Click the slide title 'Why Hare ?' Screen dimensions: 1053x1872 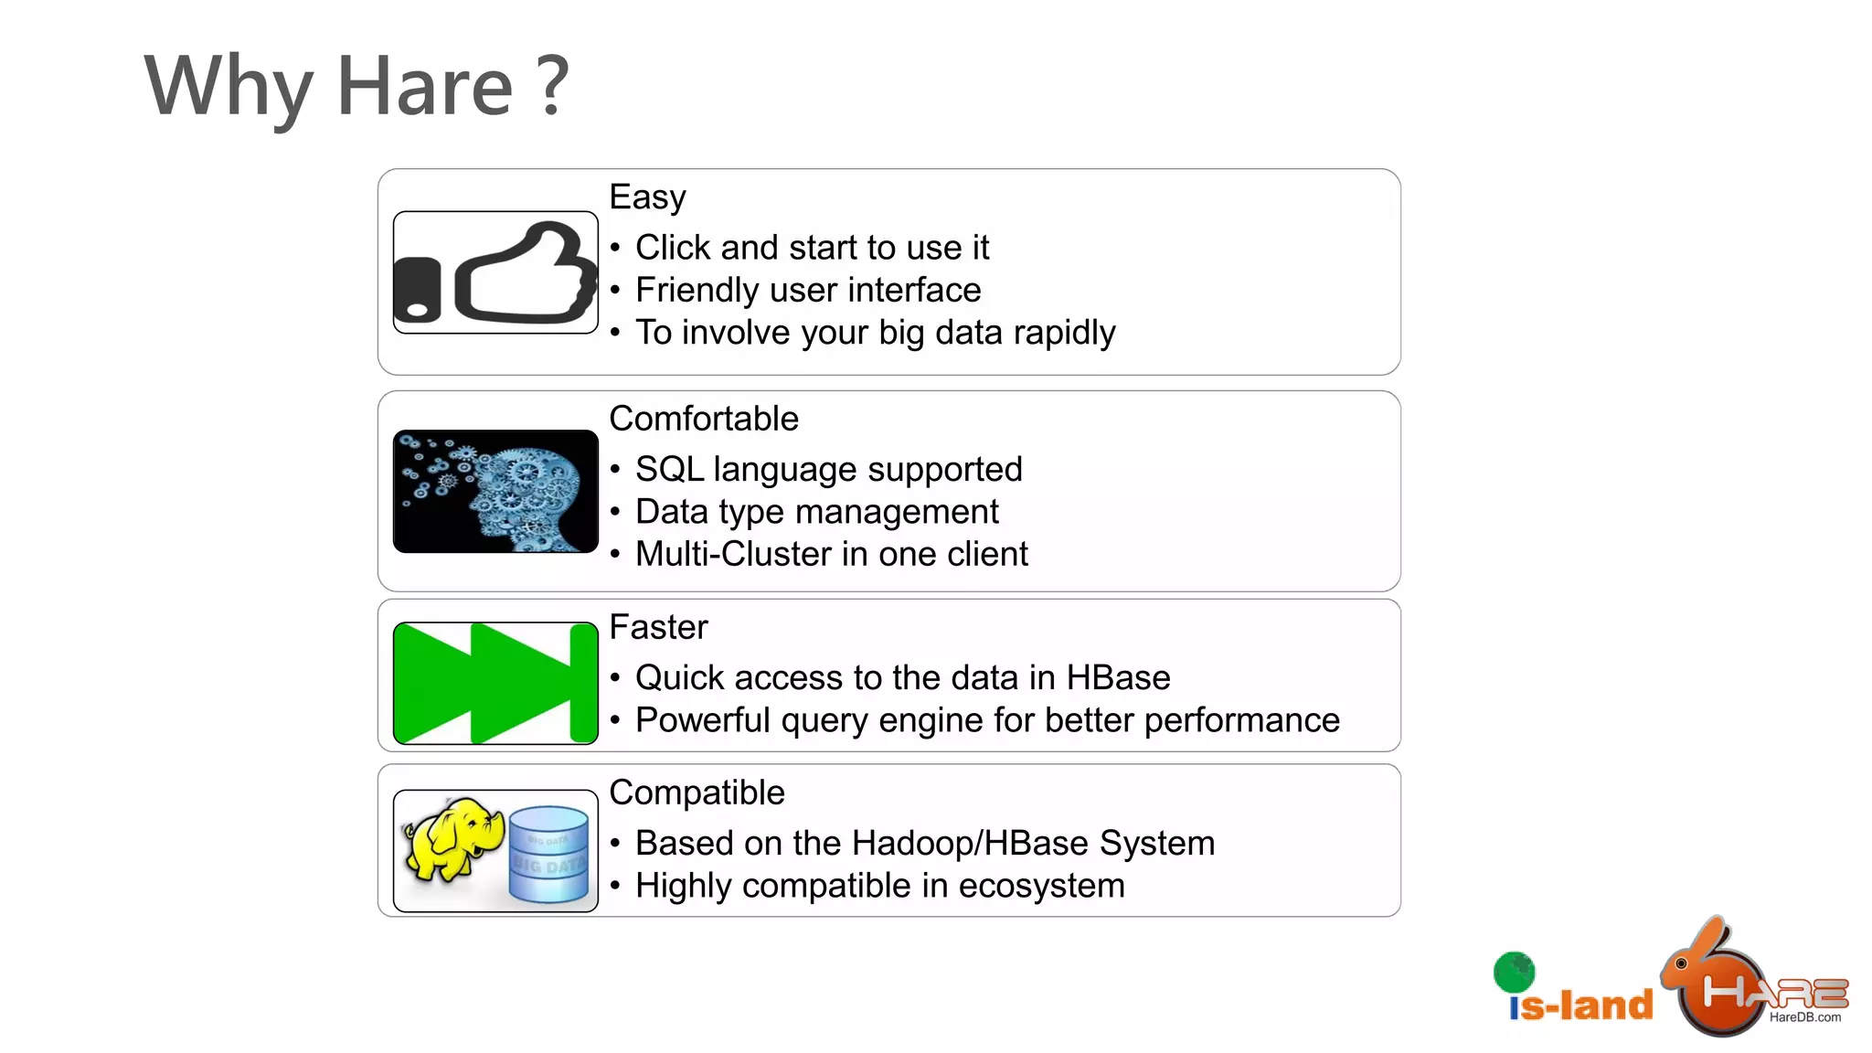[356, 86]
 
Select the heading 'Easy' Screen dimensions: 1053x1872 [647, 197]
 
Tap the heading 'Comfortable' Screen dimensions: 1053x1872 [704, 419]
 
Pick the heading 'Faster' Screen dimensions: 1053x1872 [658, 627]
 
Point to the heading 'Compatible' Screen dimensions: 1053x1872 [697, 792]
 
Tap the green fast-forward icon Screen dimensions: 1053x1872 [495, 683]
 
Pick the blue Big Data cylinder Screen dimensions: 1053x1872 [548, 854]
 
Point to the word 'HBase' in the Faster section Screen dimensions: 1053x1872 [1118, 678]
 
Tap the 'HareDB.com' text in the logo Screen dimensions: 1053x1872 [1805, 1017]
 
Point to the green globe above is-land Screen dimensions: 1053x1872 [1514, 972]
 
